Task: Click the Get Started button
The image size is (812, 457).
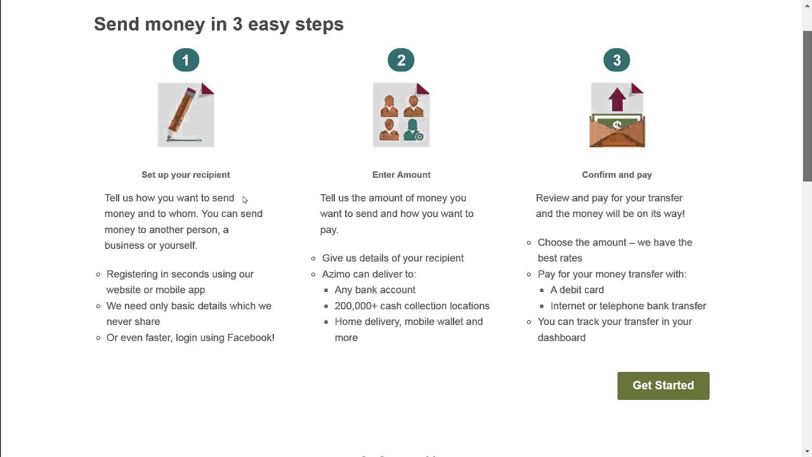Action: tap(663, 385)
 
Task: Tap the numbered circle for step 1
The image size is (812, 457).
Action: tap(186, 60)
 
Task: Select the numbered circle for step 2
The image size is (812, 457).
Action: tap(401, 60)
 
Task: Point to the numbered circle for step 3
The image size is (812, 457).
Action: tap(617, 60)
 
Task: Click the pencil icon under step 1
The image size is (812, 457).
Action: tap(181, 114)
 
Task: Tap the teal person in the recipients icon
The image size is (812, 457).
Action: tap(413, 130)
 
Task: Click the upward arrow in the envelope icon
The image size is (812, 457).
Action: tap(617, 100)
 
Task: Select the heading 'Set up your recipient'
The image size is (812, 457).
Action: tap(186, 175)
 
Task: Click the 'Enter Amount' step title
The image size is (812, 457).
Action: tap(402, 175)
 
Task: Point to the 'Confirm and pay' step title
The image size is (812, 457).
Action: tap(617, 175)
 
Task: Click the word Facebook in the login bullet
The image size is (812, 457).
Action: tap(251, 338)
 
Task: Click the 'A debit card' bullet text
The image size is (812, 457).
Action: tap(577, 290)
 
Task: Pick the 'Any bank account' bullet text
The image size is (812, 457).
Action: tap(375, 290)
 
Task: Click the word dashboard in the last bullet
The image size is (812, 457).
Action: tap(561, 338)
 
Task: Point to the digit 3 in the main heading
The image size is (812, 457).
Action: tap(237, 24)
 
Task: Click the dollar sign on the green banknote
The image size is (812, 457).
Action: tap(617, 125)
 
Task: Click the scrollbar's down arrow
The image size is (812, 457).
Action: tap(808, 451)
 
